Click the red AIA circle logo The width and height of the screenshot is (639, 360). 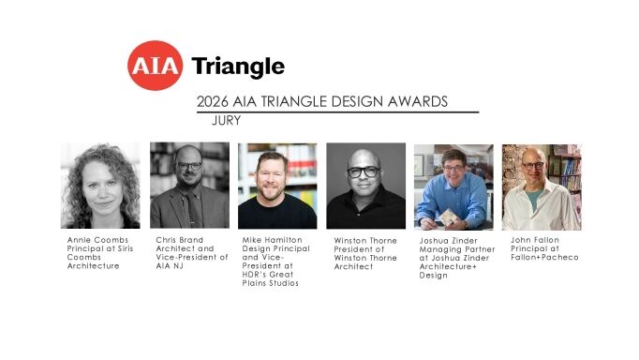point(155,66)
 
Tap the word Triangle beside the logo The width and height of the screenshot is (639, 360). point(238,67)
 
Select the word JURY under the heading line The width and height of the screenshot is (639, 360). point(226,121)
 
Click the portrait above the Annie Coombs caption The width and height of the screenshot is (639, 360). point(100,186)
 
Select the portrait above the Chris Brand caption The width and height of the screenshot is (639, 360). point(189,185)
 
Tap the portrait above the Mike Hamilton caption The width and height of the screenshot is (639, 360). point(277,186)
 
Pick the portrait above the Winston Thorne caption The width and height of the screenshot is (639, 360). point(366,186)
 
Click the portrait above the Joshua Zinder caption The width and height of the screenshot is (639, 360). point(453,187)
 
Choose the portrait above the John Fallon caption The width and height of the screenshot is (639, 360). point(542,187)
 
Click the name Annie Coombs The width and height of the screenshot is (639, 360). point(97,240)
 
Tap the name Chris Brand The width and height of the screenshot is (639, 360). point(179,240)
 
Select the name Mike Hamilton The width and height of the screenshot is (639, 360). point(273,240)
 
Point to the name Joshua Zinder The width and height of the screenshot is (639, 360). point(448,241)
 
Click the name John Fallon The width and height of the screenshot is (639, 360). point(535,240)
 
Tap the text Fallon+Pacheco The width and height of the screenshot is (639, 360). point(544,257)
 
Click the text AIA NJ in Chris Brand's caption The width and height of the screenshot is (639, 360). point(170,266)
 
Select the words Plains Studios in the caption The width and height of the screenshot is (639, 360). point(270,283)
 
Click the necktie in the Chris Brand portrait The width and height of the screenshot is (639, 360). point(192,208)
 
